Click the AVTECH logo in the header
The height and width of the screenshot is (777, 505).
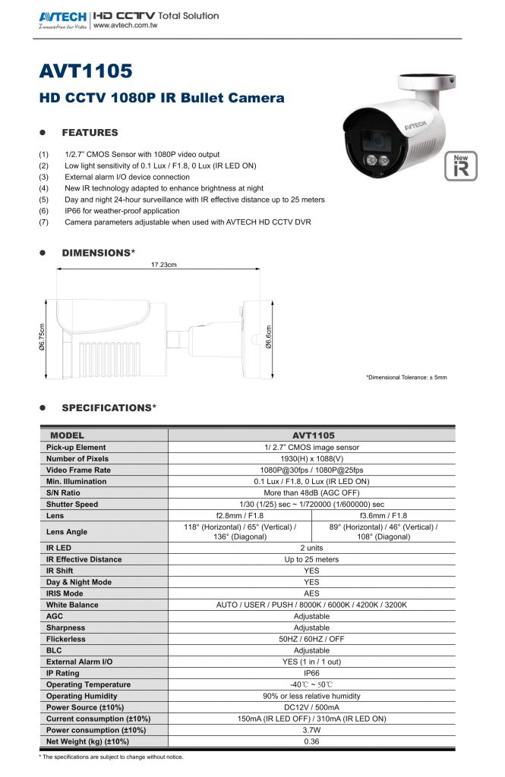tap(62, 16)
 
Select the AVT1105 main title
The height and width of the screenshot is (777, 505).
tap(85, 71)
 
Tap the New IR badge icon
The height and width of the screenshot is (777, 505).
tap(461, 167)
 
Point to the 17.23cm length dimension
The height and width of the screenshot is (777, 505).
tap(164, 265)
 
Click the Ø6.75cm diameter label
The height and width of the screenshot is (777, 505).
tap(43, 338)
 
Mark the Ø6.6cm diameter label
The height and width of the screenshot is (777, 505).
tap(269, 338)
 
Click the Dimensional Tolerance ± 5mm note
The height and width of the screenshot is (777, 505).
tap(406, 377)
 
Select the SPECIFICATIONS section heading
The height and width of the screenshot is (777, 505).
tap(109, 407)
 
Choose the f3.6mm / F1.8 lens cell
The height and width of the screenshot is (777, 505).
tap(383, 515)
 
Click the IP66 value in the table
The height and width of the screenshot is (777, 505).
tap(311, 673)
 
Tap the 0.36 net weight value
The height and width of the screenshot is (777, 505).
tap(311, 741)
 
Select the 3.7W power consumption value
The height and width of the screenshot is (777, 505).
tap(311, 730)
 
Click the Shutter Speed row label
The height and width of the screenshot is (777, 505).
tap(72, 504)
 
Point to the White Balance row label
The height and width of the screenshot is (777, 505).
tap(72, 605)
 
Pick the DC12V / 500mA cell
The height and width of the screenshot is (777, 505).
tap(311, 707)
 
